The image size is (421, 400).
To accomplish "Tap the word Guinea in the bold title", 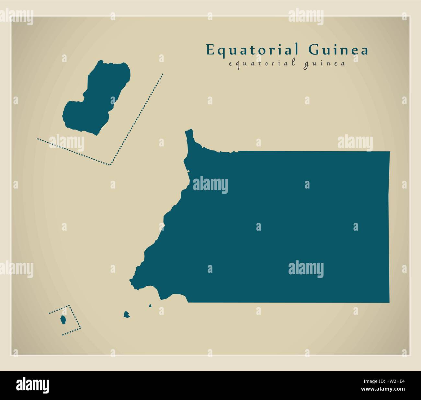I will (338, 51).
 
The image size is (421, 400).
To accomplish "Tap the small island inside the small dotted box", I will (63, 320).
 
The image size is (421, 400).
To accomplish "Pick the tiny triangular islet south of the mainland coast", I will (150, 305).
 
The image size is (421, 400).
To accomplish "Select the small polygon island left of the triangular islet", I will (127, 314).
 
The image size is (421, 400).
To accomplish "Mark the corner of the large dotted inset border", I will (110, 165).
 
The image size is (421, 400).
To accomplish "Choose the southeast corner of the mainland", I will (389, 302).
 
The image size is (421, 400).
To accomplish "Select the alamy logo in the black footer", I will (32, 385).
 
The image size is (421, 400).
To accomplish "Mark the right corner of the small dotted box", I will (80, 328).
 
